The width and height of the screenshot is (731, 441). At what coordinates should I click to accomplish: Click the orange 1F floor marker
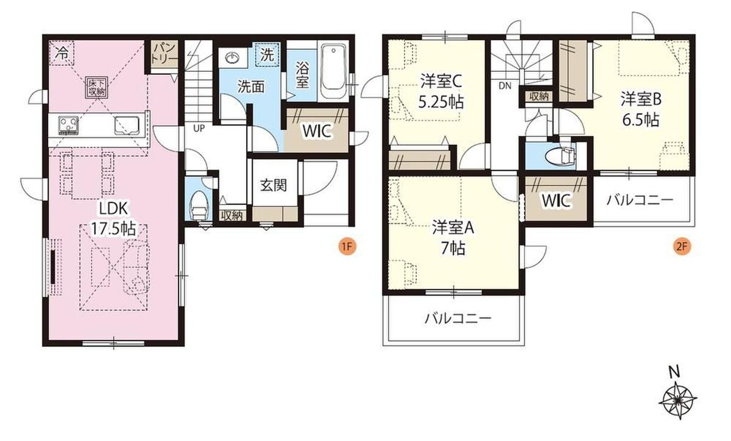click(x=347, y=247)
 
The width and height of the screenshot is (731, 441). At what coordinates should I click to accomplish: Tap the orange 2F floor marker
click(x=682, y=247)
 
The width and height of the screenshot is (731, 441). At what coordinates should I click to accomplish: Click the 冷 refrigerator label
click(x=62, y=53)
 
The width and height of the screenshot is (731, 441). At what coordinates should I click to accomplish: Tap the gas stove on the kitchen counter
click(x=68, y=125)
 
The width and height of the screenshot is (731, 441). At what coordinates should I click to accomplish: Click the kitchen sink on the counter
click(x=127, y=125)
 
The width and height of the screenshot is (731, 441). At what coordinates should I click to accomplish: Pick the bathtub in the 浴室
click(x=333, y=72)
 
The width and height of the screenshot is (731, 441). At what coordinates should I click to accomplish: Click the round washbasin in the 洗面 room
click(x=232, y=58)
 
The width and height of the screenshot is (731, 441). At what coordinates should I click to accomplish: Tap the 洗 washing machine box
click(x=267, y=55)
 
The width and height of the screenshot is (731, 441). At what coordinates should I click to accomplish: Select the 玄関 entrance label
click(x=274, y=185)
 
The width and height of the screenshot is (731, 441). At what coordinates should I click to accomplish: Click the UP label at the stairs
click(x=199, y=129)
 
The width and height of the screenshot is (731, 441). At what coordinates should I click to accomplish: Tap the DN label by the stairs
click(x=504, y=86)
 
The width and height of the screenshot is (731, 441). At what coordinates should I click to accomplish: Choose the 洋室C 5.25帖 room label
click(x=441, y=92)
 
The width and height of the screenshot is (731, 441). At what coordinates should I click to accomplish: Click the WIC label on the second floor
click(x=556, y=200)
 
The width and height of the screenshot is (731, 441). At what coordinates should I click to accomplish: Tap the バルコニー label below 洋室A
click(x=458, y=318)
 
